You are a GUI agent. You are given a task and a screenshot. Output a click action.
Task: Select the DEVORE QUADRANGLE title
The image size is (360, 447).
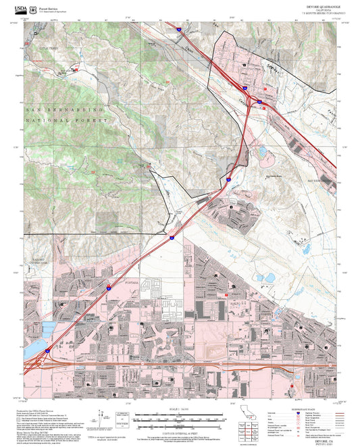pos(313,6)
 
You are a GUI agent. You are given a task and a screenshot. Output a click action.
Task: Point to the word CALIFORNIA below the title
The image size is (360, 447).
pos(313,9)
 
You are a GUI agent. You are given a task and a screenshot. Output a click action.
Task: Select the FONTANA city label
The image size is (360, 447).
pos(130,282)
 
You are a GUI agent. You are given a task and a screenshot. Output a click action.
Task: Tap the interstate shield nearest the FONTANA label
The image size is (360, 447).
pos(109,287)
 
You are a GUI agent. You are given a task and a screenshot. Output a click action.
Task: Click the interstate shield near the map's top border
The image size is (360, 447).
pos(177,29)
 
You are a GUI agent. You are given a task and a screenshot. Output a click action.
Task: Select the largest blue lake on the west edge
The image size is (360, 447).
pos(48,329)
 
